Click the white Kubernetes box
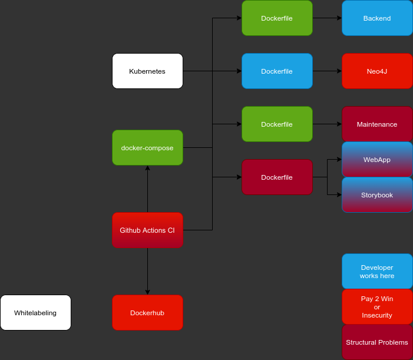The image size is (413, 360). pyautogui.click(x=147, y=71)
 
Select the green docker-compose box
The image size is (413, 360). pyautogui.click(x=147, y=148)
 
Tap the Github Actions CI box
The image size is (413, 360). pyautogui.click(x=147, y=230)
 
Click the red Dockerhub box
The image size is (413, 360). pyautogui.click(x=147, y=313)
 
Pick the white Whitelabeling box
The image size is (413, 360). pyautogui.click(x=35, y=313)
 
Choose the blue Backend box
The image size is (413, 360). pyautogui.click(x=377, y=18)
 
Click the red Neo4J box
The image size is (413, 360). pyautogui.click(x=377, y=71)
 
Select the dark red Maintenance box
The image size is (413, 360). pyautogui.click(x=377, y=124)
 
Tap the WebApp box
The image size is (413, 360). pyautogui.click(x=377, y=160)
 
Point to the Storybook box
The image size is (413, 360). pyautogui.click(x=377, y=195)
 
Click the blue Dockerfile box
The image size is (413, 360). pyautogui.click(x=277, y=71)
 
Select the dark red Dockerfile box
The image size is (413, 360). pyautogui.click(x=277, y=177)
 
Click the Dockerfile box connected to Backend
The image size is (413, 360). pyautogui.click(x=277, y=18)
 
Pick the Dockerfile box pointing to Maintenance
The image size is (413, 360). pyautogui.click(x=277, y=124)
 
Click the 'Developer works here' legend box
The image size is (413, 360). pyautogui.click(x=377, y=272)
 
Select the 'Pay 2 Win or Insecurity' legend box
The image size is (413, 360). pyautogui.click(x=377, y=307)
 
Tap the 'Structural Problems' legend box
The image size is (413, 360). pyautogui.click(x=377, y=342)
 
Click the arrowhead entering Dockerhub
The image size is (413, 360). pyautogui.click(x=147, y=292)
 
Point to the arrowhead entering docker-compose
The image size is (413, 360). pyautogui.click(x=147, y=169)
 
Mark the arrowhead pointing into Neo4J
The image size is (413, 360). pyautogui.click(x=339, y=71)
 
